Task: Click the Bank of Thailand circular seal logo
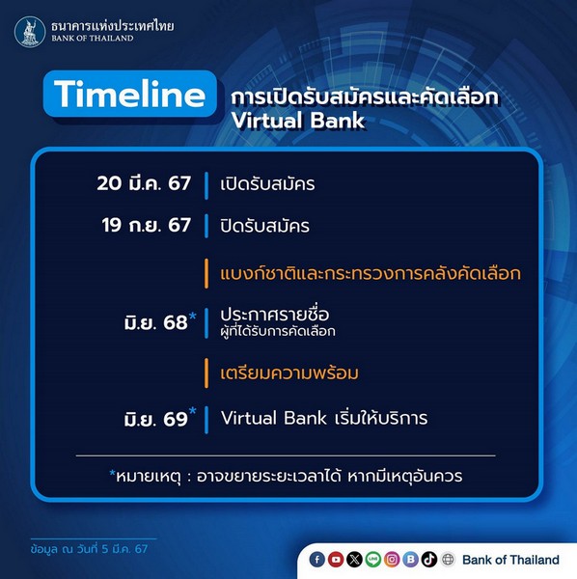coord(30,32)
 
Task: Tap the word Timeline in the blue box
coord(130,94)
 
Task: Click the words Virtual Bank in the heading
coord(298,121)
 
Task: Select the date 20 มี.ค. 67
coord(144,183)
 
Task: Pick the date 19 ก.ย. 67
coord(147,225)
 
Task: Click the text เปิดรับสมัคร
coord(267,184)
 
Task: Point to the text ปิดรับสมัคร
coord(264,226)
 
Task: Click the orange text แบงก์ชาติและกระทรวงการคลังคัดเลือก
coord(371,273)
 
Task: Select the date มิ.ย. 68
coord(155,322)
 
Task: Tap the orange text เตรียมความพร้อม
coord(289,372)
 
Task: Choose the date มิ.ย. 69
coord(155,419)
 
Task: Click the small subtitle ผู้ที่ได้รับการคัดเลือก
coord(278,331)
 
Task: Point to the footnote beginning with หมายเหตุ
coord(287,477)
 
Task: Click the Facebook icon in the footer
coord(317,560)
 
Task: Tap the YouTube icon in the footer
coord(336,560)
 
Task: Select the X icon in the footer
coord(354,560)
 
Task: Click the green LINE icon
coord(373,560)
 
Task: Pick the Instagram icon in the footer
coord(392,560)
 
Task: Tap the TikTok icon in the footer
coord(429,560)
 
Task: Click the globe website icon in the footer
coord(448,560)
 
